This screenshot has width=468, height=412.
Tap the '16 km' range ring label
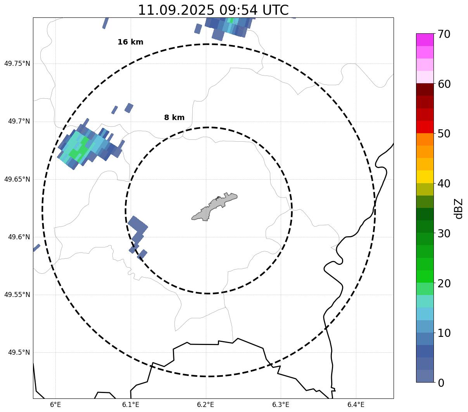click(x=130, y=42)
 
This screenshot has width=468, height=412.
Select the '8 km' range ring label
click(x=174, y=118)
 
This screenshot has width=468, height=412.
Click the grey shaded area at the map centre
click(x=214, y=207)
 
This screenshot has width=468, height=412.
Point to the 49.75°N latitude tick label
click(x=17, y=64)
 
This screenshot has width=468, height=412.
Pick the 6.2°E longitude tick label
click(x=206, y=405)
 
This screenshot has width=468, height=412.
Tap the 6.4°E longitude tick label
click(x=356, y=405)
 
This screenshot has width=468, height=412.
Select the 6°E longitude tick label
click(x=55, y=405)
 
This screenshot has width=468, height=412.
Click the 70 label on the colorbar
click(x=444, y=34)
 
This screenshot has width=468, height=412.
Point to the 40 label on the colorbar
click(x=444, y=184)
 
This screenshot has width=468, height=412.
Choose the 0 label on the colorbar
click(x=440, y=383)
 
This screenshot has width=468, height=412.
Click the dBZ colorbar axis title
click(x=459, y=208)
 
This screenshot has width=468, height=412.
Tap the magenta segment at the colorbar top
click(x=425, y=39)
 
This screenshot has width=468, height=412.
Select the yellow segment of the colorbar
click(x=425, y=177)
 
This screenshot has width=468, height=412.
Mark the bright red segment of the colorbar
click(x=425, y=127)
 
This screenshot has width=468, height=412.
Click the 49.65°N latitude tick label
click(x=17, y=179)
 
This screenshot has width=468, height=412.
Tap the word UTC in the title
click(x=274, y=10)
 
